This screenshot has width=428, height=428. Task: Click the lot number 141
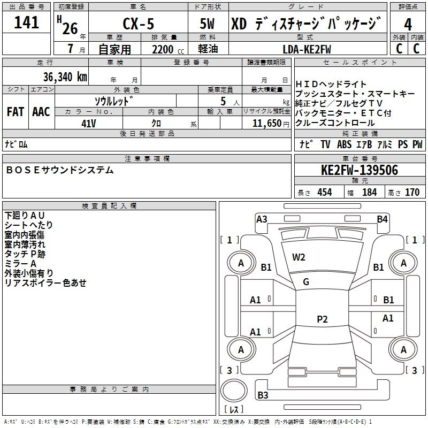click(26, 22)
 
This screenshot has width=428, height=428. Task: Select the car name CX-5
click(139, 24)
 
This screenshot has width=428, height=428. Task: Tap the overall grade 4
click(408, 25)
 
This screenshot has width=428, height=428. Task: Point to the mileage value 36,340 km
click(65, 77)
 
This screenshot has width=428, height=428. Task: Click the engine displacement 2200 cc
click(168, 50)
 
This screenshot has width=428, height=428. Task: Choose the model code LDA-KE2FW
click(307, 50)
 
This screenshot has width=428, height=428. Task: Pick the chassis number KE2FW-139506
click(360, 170)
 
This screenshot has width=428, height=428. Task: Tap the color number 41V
click(89, 124)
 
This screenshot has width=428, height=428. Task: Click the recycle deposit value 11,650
click(267, 124)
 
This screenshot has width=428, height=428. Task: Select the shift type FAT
click(16, 112)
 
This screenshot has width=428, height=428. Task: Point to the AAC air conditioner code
click(41, 112)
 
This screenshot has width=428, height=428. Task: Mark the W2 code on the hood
click(299, 257)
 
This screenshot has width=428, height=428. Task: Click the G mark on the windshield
click(306, 282)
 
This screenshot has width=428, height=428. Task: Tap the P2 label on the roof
click(322, 319)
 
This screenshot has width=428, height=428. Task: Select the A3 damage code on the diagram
click(262, 219)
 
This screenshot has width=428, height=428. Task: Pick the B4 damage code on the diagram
click(382, 219)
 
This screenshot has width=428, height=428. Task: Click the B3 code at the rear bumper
click(263, 395)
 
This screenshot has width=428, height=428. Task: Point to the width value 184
click(369, 192)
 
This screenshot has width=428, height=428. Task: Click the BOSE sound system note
click(60, 170)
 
